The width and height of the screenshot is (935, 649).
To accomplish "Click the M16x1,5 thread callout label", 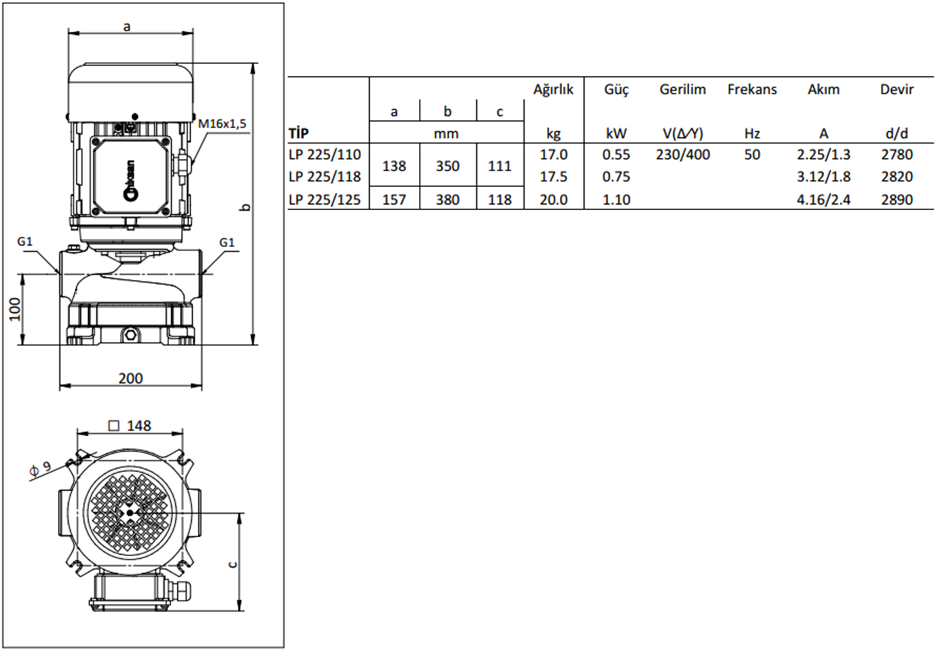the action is tap(222, 124).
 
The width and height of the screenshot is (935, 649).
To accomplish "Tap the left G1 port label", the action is tap(25, 242).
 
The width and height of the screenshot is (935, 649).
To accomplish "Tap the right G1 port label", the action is tap(226, 242).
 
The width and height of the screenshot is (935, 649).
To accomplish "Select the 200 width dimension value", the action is tap(131, 378).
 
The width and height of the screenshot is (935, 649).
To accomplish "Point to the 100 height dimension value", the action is tap(15, 309).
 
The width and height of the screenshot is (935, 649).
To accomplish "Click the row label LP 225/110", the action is tap(325, 155).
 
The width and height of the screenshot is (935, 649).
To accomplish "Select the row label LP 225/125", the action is tap(325, 200).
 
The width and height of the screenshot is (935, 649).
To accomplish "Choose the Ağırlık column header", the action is tap(554, 90).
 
